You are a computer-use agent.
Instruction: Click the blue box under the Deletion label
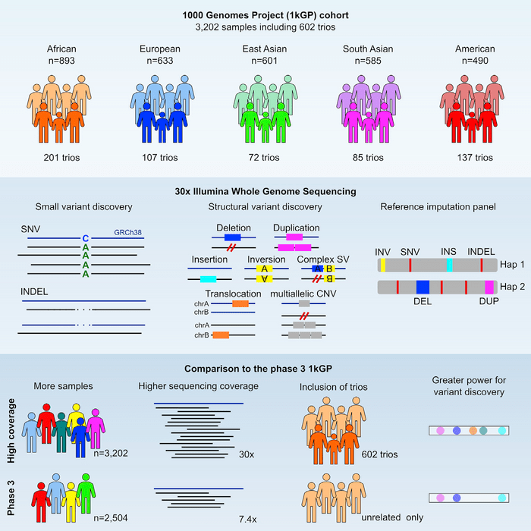[x=232, y=237]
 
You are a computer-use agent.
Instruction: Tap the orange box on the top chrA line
[x=240, y=303]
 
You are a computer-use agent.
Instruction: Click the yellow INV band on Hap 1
[x=384, y=264]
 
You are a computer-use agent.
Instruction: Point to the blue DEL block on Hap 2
[x=423, y=287]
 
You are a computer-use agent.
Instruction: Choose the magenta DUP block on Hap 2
[x=489, y=287]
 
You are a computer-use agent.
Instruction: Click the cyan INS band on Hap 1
[x=450, y=264]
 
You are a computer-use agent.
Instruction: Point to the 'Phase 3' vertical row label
[x=9, y=501]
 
